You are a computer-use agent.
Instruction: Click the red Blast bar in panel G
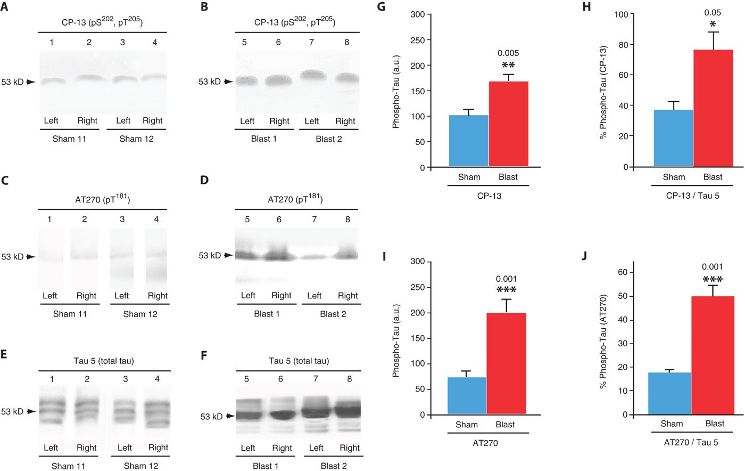[x=509, y=124]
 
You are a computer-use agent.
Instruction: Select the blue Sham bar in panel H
[x=674, y=138]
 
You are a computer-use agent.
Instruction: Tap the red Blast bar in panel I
[x=506, y=364]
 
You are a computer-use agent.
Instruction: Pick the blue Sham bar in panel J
[x=669, y=394]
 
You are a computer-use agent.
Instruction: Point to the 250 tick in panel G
[x=429, y=40]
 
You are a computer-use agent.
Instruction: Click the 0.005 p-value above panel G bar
[x=508, y=53]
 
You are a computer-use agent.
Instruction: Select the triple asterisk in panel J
[x=713, y=280]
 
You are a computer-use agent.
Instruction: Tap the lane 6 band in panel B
[x=278, y=80]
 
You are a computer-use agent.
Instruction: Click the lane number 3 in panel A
[x=122, y=42]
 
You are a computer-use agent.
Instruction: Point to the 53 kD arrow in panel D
[x=228, y=256]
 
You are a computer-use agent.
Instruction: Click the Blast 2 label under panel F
[x=334, y=466]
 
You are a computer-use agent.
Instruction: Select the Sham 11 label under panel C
[x=70, y=314]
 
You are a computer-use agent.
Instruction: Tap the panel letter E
[x=4, y=354]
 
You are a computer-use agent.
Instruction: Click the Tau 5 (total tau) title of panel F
[x=299, y=361]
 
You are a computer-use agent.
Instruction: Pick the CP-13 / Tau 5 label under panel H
[x=692, y=196]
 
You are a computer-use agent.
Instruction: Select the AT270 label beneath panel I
[x=485, y=443]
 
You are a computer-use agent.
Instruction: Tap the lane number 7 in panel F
[x=315, y=379]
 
